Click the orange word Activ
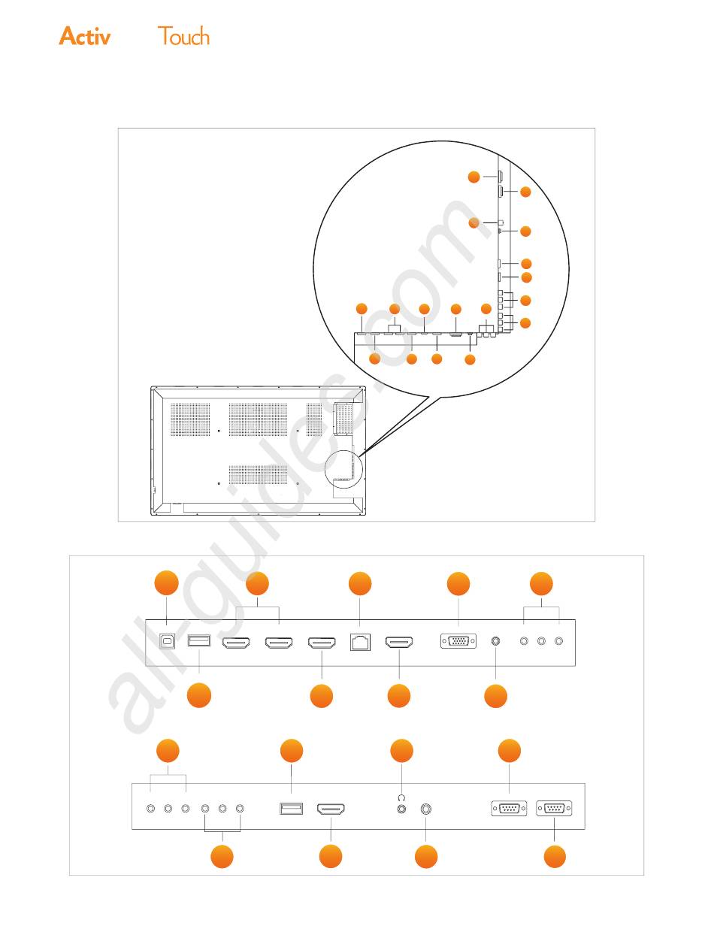point(85,36)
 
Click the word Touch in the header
point(183,36)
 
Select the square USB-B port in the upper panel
point(166,641)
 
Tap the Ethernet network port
point(360,642)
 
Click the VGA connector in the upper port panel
point(458,640)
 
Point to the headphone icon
point(401,797)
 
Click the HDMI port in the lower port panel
point(331,809)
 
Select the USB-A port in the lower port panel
point(291,808)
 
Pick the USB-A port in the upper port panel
point(199,640)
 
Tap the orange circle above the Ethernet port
point(360,583)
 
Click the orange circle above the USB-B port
point(166,582)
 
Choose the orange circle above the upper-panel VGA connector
point(458,583)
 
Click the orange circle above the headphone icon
point(401,751)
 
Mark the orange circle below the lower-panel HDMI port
point(331,856)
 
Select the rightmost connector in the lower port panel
point(554,808)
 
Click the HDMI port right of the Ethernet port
point(399,642)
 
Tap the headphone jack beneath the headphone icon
point(401,809)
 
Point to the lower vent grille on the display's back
point(258,474)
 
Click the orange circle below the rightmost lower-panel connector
point(555,856)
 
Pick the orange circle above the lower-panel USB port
point(292,751)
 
